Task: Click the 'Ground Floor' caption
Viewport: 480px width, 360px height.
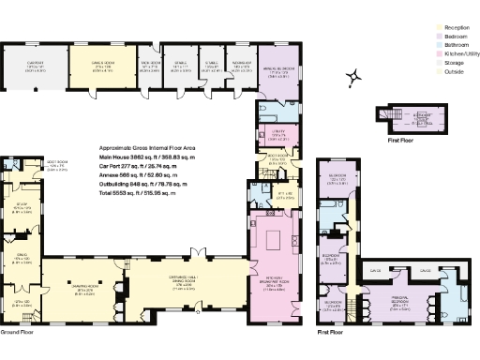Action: tap(19, 332)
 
